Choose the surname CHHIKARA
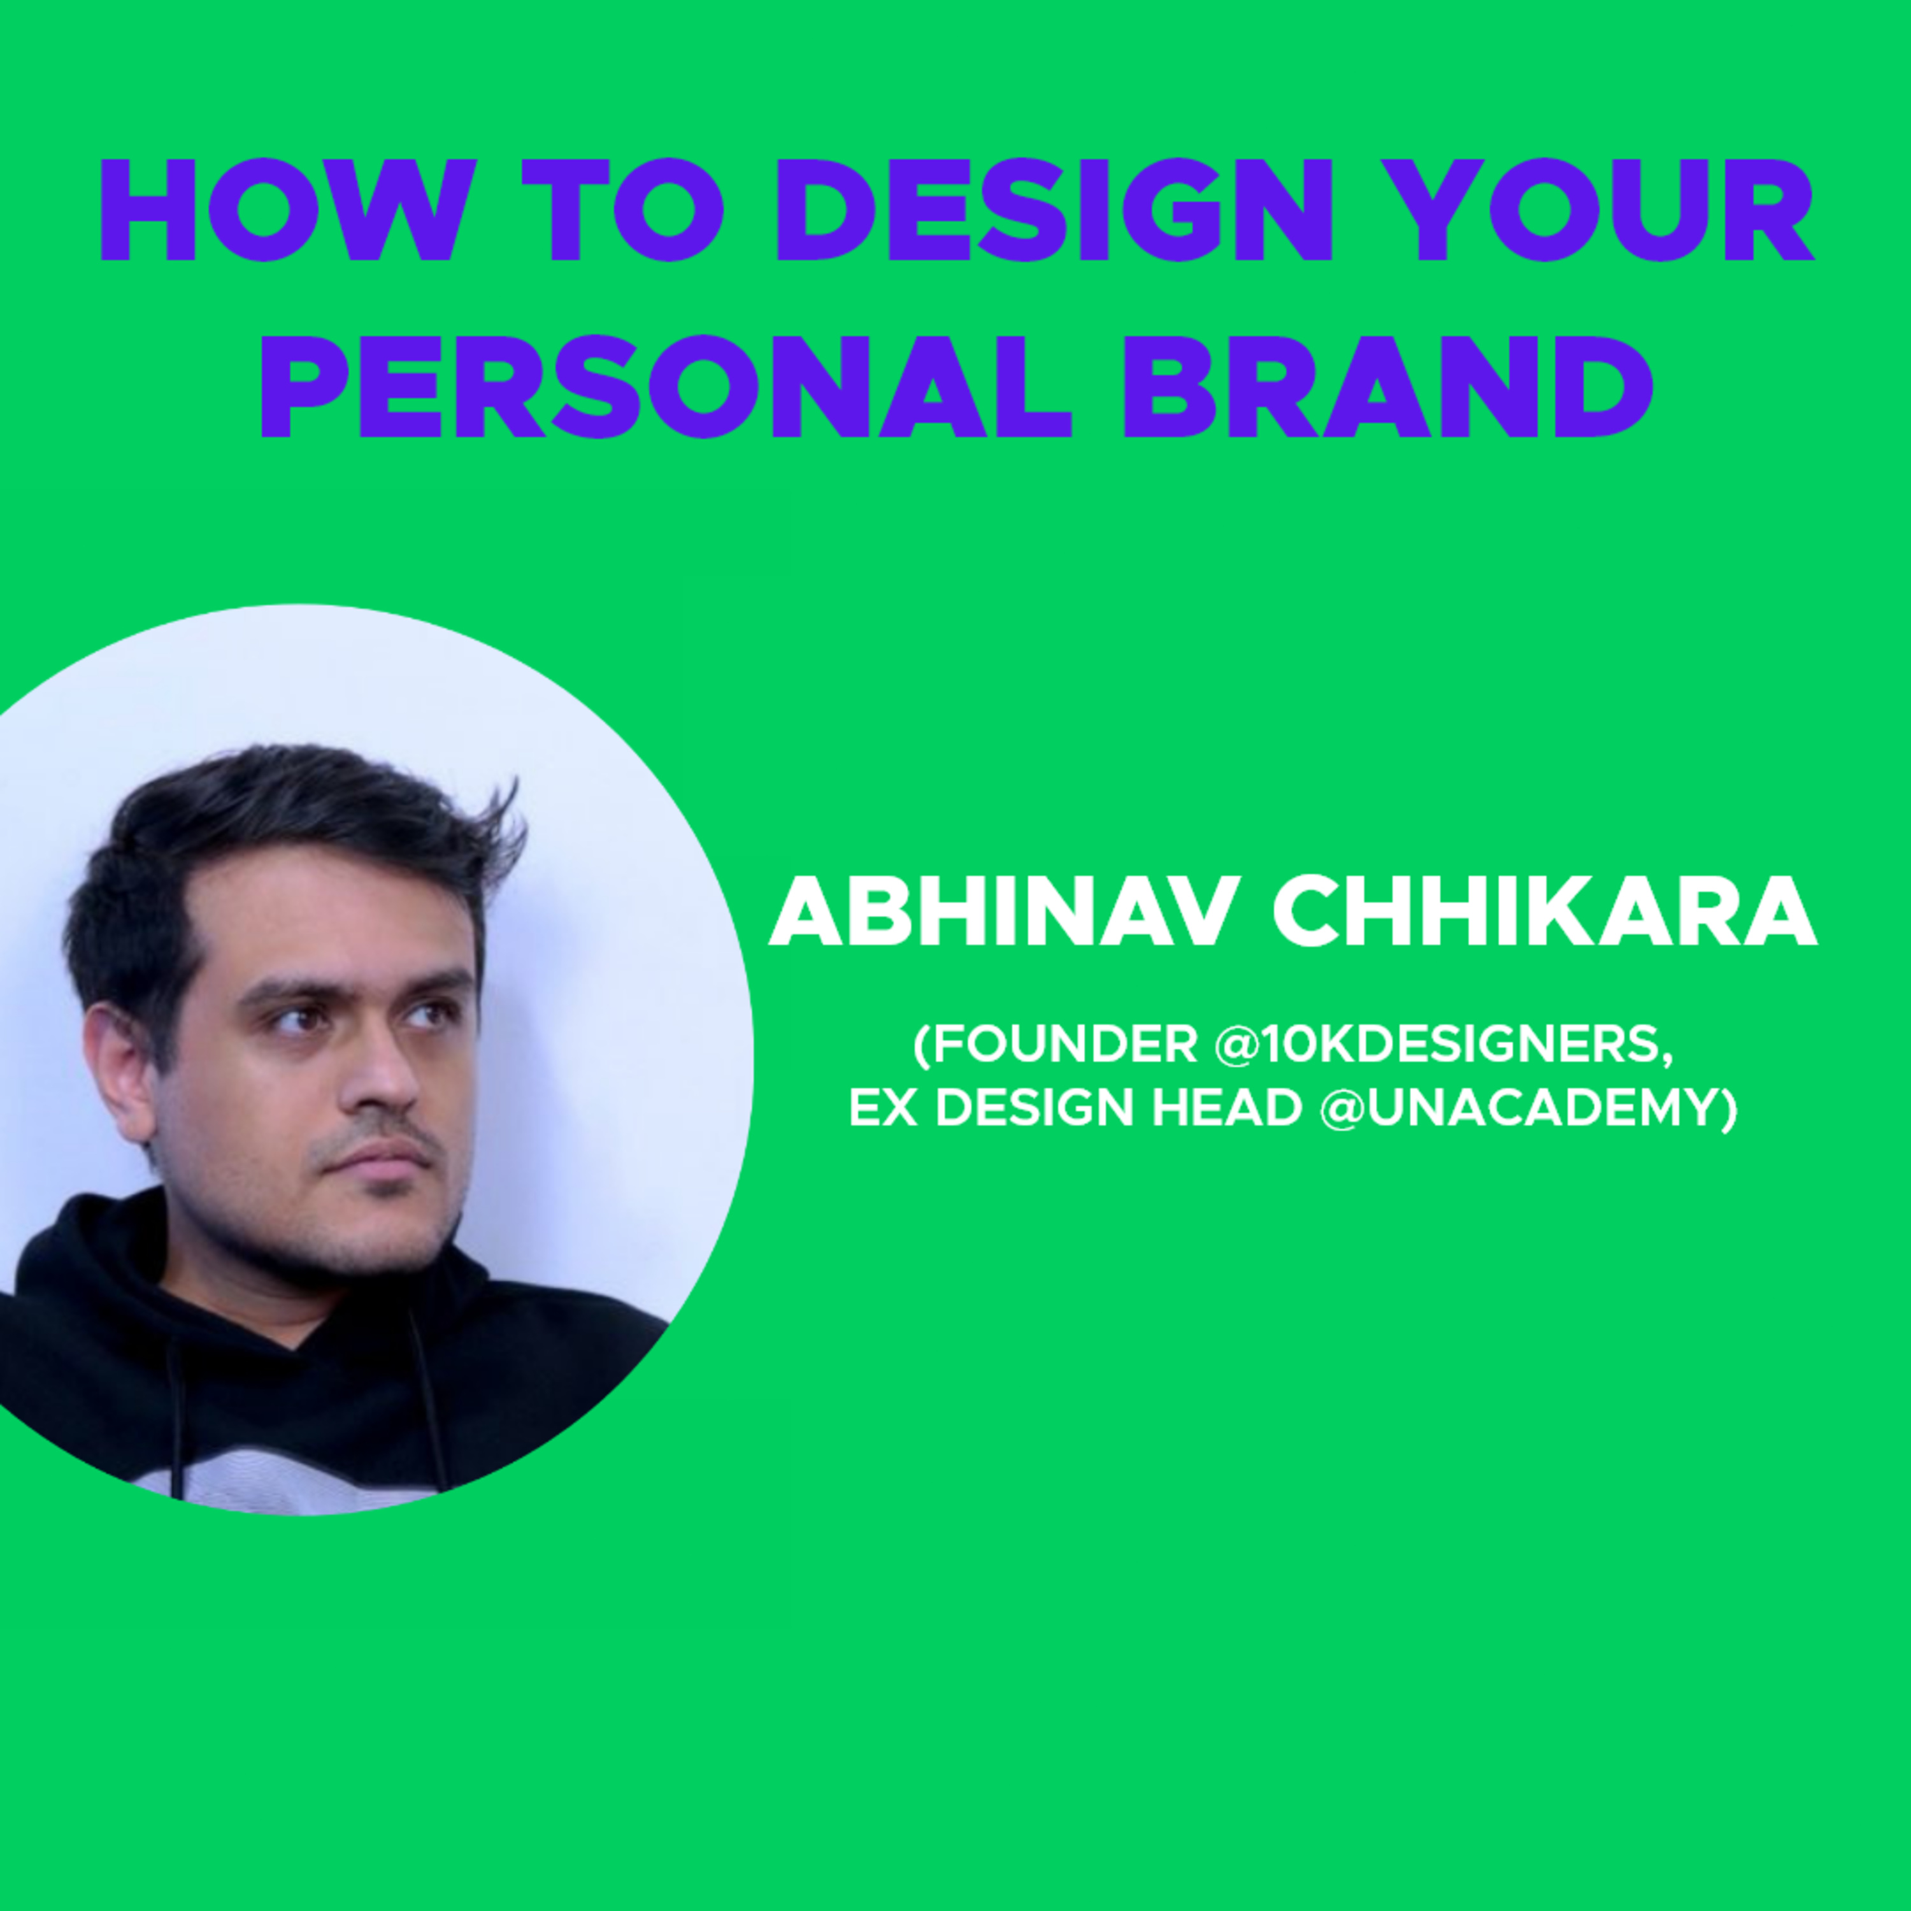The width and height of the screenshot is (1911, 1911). coord(1545,913)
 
